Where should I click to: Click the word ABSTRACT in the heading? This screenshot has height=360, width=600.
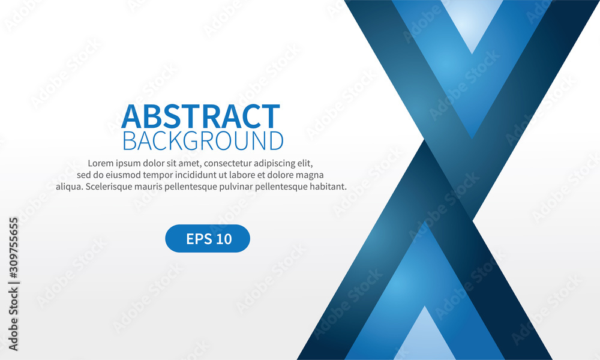click(x=200, y=116)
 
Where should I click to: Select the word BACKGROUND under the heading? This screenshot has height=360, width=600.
click(x=203, y=141)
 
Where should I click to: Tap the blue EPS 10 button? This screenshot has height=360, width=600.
click(x=208, y=239)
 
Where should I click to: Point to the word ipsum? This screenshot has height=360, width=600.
click(x=130, y=163)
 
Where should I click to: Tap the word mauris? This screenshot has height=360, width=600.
click(x=157, y=187)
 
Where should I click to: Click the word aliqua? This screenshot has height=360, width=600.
click(x=69, y=187)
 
